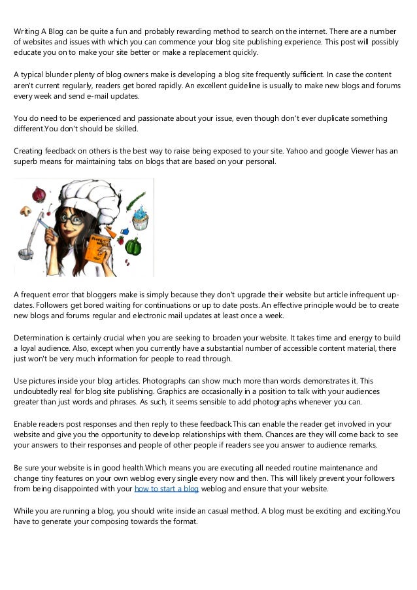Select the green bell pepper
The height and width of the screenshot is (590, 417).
(133, 246)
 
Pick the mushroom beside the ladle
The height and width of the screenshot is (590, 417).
(26, 211)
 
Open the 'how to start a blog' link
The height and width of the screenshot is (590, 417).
(166, 488)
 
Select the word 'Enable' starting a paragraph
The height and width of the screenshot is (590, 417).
(26, 424)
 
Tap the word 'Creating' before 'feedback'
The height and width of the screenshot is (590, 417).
(30, 151)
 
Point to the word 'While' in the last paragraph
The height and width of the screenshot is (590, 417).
(25, 510)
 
